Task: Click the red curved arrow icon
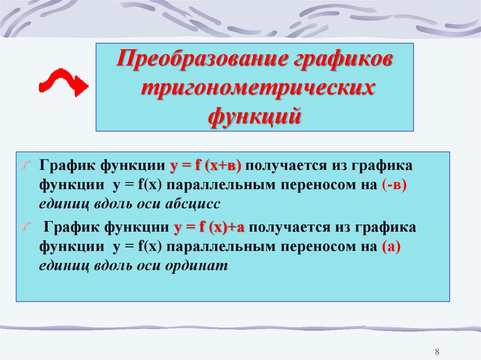click(x=62, y=83)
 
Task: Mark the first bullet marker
click(x=28, y=165)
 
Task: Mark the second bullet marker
click(x=28, y=227)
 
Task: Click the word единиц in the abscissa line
click(x=59, y=205)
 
